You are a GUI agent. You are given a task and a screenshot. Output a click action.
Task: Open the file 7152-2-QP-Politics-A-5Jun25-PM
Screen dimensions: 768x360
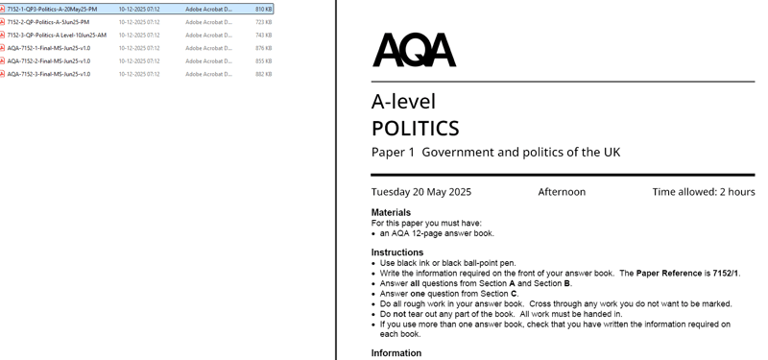point(48,22)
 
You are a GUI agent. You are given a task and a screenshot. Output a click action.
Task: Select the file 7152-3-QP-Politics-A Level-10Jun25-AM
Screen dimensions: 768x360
point(57,35)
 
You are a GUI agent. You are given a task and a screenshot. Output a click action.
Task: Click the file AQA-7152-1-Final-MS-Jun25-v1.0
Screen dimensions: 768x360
point(49,48)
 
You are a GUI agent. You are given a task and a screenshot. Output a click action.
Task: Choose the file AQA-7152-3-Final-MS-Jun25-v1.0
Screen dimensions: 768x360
point(49,74)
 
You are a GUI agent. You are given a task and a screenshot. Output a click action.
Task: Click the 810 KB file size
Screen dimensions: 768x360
point(263,9)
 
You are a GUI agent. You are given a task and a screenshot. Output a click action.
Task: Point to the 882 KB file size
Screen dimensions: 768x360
point(263,74)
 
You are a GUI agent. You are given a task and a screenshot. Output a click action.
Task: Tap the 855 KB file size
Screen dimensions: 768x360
point(263,60)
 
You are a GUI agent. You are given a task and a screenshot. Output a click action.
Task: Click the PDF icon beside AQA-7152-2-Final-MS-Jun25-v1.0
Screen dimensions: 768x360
point(3,60)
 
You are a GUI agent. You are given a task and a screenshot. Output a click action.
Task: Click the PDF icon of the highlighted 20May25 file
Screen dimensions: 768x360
point(3,9)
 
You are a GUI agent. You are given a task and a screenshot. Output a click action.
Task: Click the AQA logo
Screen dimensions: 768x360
point(414,50)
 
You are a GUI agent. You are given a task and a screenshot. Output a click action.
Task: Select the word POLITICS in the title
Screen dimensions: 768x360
point(415,128)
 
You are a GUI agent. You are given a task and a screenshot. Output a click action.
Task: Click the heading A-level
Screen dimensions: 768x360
point(403,102)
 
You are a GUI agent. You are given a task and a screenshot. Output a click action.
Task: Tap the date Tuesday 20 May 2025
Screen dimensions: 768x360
point(421,192)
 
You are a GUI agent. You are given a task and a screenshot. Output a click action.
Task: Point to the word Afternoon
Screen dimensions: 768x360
point(562,192)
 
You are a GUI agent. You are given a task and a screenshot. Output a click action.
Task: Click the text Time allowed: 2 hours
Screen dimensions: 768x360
point(704,192)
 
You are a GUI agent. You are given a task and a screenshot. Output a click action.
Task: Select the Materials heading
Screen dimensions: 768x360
point(391,212)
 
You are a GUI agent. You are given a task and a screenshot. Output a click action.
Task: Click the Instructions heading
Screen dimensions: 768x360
point(396,252)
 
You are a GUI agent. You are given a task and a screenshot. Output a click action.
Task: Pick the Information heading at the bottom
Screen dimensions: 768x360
point(396,353)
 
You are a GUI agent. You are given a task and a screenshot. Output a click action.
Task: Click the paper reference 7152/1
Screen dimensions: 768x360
point(726,274)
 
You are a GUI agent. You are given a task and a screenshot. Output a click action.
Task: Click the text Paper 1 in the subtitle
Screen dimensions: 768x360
point(393,153)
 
